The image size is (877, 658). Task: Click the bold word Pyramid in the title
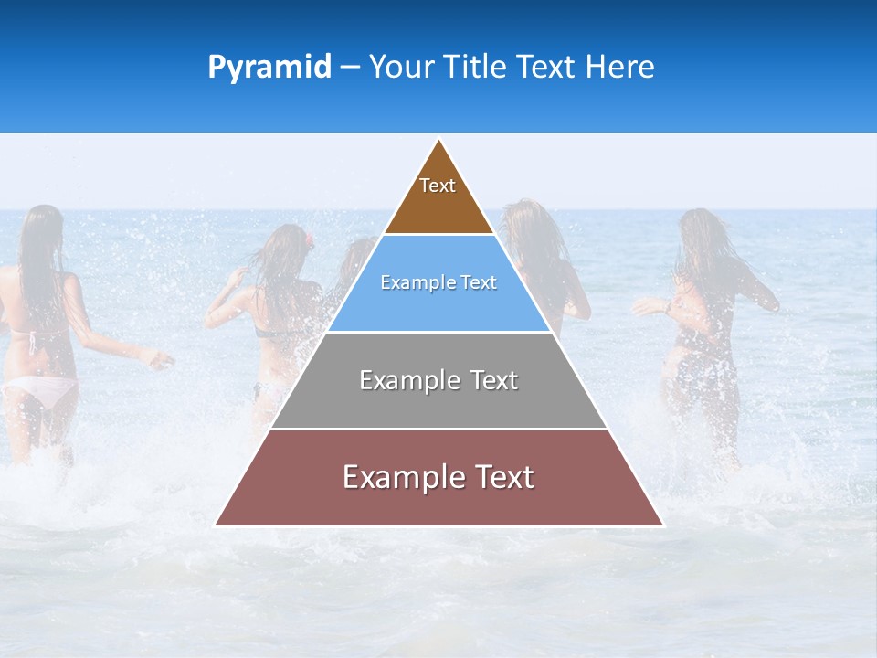point(269,68)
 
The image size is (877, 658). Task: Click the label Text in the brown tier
point(438,186)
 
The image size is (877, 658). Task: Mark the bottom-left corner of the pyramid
point(216,525)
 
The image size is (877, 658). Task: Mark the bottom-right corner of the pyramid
point(663,525)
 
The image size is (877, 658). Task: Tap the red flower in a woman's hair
point(310,240)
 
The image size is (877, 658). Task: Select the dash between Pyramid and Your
point(350,68)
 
